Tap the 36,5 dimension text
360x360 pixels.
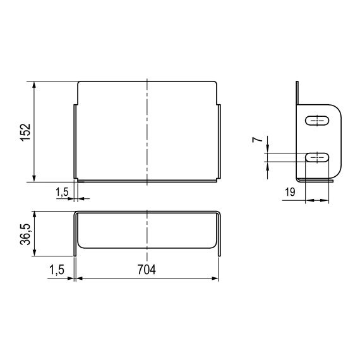tap(25, 234)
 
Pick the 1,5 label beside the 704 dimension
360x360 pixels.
tap(56, 270)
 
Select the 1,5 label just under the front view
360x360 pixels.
tap(62, 191)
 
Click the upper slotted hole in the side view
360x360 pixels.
tap(317, 119)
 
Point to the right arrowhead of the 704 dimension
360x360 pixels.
tap(216, 278)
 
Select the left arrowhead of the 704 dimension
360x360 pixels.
tap(78, 278)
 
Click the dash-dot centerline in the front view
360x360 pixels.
tap(147, 133)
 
